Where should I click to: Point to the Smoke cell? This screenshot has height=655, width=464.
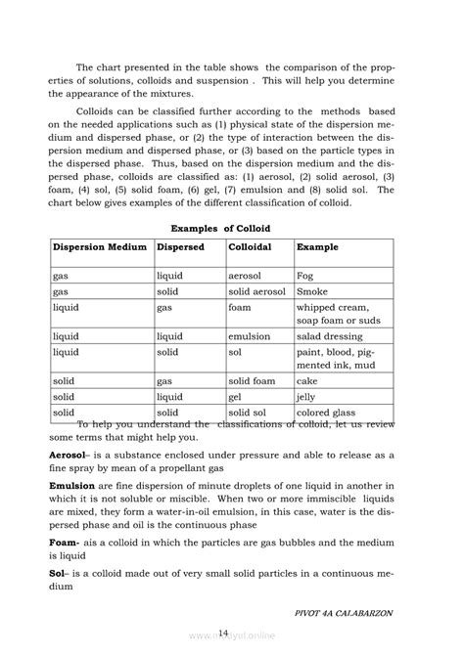point(312,291)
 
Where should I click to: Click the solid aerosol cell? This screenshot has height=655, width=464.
point(256,291)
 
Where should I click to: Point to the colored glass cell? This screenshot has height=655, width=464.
point(330,413)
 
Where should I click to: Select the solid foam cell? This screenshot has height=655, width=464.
point(252,380)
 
